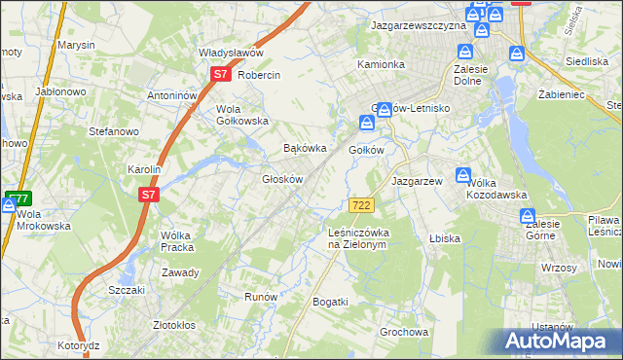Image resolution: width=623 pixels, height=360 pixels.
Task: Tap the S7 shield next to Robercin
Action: [x=220, y=74]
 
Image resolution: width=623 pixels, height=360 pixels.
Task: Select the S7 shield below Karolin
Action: [x=148, y=195]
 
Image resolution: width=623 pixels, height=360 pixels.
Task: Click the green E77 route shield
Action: [x=18, y=198]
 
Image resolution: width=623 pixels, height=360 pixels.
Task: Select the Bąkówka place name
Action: [x=302, y=149]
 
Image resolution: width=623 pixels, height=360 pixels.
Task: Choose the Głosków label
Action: [x=283, y=179]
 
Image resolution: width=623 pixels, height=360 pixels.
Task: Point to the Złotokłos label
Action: [x=175, y=325]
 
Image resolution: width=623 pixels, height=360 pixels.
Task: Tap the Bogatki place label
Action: [x=330, y=302]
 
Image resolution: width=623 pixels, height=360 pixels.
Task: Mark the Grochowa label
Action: [x=404, y=332]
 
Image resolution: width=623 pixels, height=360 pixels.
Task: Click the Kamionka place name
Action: [x=381, y=64]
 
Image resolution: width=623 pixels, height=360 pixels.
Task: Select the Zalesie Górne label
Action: [x=542, y=228]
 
